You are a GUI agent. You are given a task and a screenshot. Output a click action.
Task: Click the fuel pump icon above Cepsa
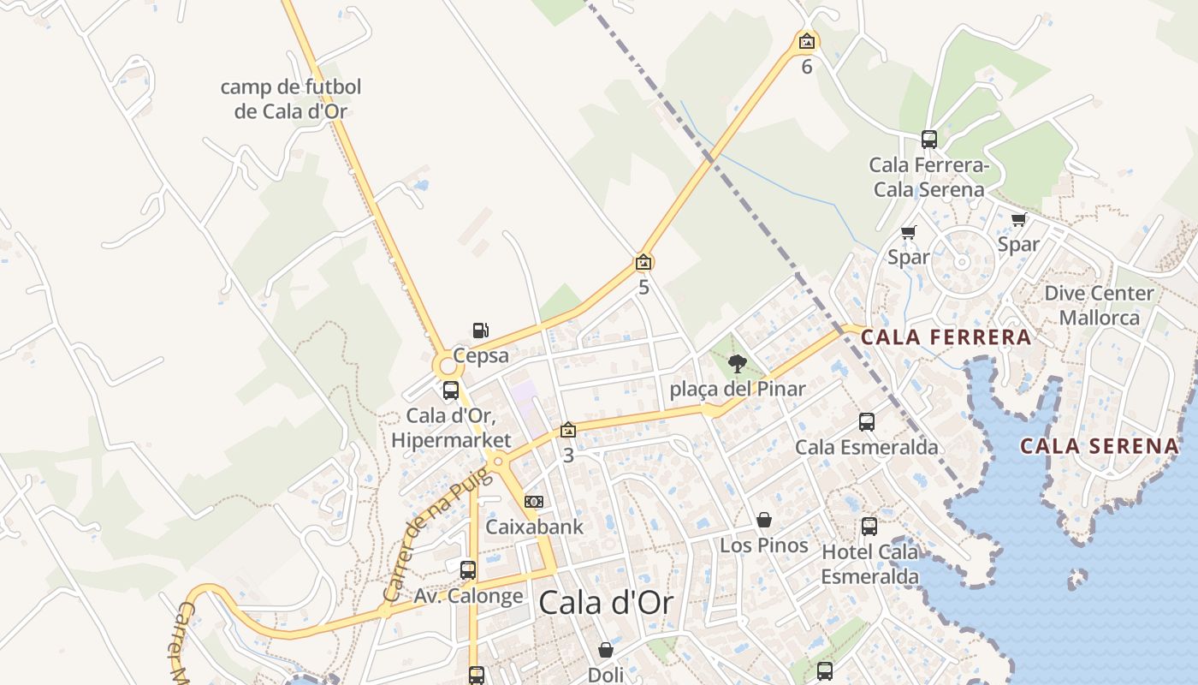(481, 331)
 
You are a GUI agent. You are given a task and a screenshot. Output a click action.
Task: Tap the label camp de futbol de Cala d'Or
(291, 98)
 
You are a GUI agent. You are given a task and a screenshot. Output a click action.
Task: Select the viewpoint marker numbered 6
(806, 41)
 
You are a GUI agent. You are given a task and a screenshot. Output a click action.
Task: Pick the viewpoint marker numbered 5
(643, 263)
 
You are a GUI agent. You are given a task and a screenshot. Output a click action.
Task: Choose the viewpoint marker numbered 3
(567, 431)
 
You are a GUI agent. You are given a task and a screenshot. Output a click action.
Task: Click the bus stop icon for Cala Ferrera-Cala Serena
(928, 140)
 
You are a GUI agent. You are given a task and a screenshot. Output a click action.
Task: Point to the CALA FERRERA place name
(946, 337)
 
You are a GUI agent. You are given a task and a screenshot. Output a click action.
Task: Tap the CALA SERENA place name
(1100, 446)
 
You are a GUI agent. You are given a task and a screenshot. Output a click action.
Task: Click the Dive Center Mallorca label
(1099, 305)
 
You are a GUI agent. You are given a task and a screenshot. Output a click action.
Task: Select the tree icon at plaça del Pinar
(737, 364)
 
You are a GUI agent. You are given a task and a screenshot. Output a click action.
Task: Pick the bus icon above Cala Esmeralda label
(867, 422)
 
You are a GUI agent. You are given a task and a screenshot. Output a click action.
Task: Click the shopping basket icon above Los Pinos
(764, 521)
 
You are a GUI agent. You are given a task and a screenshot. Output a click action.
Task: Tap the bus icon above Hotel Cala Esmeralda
(869, 527)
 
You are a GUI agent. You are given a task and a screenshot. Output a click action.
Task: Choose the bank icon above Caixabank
(534, 502)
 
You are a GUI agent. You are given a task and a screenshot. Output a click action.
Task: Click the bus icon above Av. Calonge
(468, 570)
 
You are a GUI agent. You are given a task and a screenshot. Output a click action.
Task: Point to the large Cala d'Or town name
(606, 604)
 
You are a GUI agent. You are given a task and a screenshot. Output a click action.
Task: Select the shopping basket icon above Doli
(606, 651)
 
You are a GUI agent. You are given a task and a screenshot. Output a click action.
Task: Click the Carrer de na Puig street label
(438, 535)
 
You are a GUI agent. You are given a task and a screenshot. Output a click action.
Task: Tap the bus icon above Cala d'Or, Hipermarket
(451, 391)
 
